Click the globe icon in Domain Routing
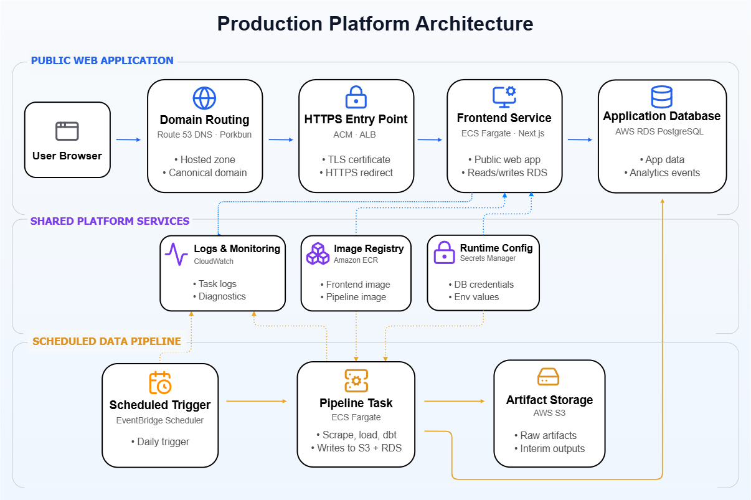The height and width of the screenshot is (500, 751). click(x=204, y=98)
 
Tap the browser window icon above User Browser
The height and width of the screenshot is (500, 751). click(x=67, y=131)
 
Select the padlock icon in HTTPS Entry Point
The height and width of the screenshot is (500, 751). click(x=356, y=97)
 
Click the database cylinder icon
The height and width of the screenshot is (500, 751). click(x=661, y=97)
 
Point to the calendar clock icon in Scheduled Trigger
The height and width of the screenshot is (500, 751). click(x=160, y=383)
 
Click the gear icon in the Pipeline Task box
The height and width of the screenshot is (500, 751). click(x=356, y=380)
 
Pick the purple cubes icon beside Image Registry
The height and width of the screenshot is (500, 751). click(x=318, y=253)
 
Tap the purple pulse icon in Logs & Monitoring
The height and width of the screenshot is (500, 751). click(x=176, y=254)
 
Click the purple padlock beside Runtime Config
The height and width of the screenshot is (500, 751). click(x=444, y=253)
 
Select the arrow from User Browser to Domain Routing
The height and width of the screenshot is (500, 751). click(x=128, y=139)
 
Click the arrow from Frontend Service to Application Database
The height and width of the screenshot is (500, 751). click(x=580, y=139)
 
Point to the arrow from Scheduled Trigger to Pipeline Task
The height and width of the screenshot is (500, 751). click(x=257, y=401)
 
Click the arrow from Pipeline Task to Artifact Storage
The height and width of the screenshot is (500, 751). click(x=455, y=401)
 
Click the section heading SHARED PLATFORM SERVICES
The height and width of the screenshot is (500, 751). click(x=110, y=221)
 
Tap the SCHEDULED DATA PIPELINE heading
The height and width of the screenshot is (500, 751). click(x=106, y=341)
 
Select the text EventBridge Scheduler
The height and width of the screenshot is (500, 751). click(x=160, y=420)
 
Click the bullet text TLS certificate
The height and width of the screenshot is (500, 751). click(x=359, y=159)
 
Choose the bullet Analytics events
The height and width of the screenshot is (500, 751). click(x=664, y=172)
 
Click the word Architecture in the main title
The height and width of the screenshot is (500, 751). click(x=475, y=24)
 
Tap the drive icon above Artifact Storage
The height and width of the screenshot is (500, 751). click(x=548, y=377)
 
